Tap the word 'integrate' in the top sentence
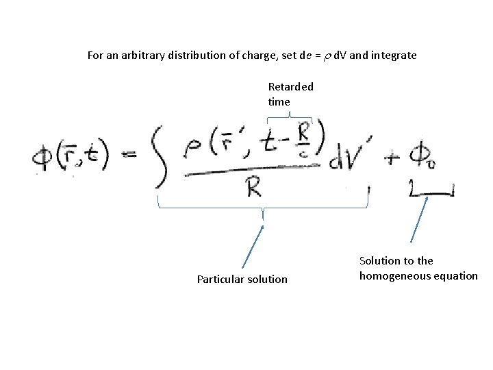coord(393,55)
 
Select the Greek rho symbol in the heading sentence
coord(327,56)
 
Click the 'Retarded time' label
coord(290,94)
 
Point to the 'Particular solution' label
coord(242,279)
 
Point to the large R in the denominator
coord(253,186)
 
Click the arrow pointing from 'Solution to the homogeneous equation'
coord(420,219)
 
